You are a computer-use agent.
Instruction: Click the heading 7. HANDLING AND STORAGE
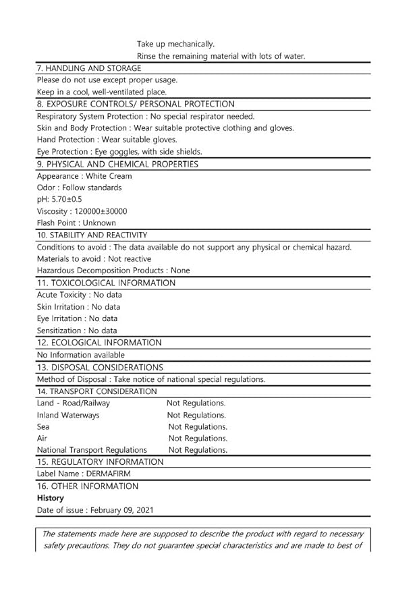click(x=89, y=68)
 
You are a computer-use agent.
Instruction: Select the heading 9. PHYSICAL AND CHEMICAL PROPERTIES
click(x=117, y=164)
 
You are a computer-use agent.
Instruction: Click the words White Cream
click(x=109, y=176)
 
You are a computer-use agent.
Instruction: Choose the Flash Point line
click(x=76, y=223)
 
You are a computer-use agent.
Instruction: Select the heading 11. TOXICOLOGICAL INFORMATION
click(x=106, y=283)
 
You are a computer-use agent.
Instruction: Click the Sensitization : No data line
click(x=77, y=331)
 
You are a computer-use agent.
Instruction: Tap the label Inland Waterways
click(x=68, y=415)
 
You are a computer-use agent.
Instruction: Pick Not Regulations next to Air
click(x=197, y=439)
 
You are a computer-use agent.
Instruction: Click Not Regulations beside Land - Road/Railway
click(x=196, y=403)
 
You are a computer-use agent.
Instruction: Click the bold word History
click(x=51, y=498)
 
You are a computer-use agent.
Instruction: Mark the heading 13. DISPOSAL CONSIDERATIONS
click(x=100, y=368)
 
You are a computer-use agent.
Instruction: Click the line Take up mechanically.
click(x=175, y=45)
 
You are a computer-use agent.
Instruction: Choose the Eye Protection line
click(x=119, y=152)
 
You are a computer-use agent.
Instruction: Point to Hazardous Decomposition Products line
click(x=113, y=271)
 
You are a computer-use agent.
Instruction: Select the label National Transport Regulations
click(x=92, y=450)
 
